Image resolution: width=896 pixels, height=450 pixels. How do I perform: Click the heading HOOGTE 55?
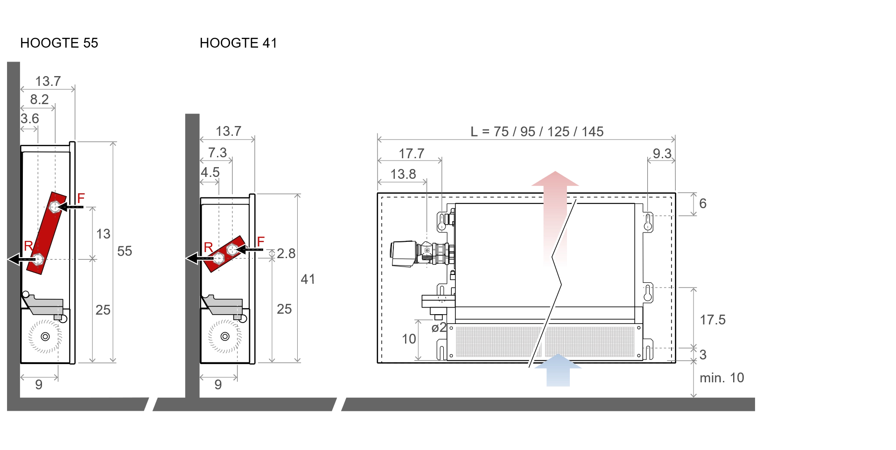pos(59,43)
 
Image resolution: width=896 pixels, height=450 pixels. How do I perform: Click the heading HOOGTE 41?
pos(238,43)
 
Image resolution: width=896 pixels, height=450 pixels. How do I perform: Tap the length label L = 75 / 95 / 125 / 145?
pos(537,132)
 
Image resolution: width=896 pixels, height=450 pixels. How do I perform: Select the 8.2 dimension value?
pos(39,99)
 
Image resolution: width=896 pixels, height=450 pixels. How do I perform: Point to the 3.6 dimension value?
pos(30,119)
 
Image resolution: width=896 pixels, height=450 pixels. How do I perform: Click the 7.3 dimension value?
pos(217,153)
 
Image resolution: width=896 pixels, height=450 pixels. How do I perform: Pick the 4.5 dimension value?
pos(210,172)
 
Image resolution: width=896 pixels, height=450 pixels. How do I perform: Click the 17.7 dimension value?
pos(412,154)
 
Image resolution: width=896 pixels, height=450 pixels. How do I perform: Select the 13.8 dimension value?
pos(403,174)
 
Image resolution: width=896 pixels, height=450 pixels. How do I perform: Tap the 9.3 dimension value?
pos(662,154)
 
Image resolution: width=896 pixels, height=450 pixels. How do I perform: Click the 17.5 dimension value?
pos(713,320)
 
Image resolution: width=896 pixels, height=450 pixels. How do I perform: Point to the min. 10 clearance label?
pos(722,378)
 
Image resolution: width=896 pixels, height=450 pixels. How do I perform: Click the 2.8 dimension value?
pos(286,253)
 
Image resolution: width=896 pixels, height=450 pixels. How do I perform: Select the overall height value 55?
pos(125,251)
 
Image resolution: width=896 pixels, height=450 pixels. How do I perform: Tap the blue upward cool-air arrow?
pos(558,370)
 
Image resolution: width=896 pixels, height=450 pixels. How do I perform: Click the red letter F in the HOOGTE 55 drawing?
pos(81,198)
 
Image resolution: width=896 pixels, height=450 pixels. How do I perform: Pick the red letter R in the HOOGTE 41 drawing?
pos(208,247)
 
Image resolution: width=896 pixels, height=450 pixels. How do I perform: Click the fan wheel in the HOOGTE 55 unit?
pos(45,336)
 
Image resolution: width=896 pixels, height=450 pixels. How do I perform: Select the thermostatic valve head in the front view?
pos(404,254)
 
